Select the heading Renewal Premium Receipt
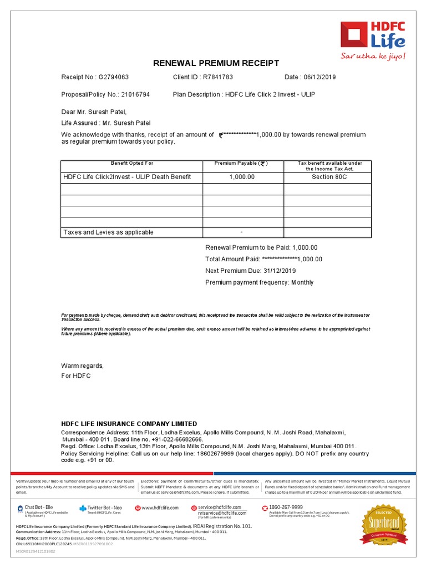[216, 63]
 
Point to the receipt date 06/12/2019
[319, 77]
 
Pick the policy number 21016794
[135, 95]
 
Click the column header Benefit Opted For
[132, 164]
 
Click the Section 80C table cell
[328, 177]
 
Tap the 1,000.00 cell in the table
[242, 177]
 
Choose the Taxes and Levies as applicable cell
[109, 232]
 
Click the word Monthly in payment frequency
[302, 282]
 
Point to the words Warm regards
[82, 366]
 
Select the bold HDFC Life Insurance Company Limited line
[129, 424]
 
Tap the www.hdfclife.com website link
[160, 508]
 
